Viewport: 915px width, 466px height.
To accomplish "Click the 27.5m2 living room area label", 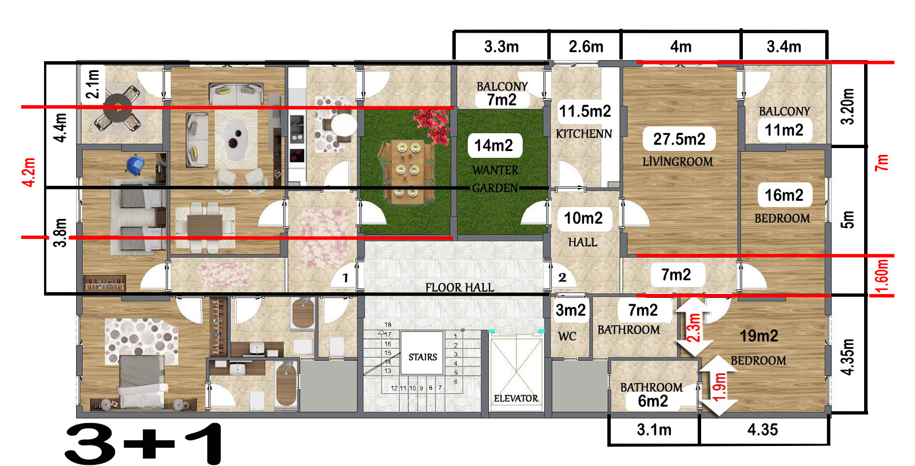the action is click(x=679, y=139).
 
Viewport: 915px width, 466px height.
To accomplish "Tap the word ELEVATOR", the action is click(x=516, y=398).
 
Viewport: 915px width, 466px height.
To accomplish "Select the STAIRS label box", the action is click(x=423, y=353).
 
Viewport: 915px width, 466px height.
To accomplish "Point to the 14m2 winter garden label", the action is click(x=495, y=145).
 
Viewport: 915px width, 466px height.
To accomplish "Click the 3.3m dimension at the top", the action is click(x=501, y=46).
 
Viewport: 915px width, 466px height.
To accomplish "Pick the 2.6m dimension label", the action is click(x=586, y=46).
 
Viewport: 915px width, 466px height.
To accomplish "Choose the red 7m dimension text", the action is click(x=882, y=162).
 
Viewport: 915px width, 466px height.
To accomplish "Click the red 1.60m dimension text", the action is click(x=882, y=276).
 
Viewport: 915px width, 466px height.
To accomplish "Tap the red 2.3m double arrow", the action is click(x=694, y=326).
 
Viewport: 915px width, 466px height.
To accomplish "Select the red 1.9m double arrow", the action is click(x=719, y=386).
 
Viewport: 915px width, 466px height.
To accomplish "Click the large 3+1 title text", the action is click(x=144, y=444).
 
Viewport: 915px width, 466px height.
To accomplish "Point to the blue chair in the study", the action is click(x=135, y=165).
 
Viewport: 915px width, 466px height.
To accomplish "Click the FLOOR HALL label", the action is click(x=460, y=288).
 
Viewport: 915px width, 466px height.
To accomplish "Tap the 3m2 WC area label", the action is click(x=571, y=310).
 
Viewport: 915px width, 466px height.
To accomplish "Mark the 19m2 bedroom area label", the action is click(x=759, y=336).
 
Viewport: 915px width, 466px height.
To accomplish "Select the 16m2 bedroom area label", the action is click(x=784, y=195).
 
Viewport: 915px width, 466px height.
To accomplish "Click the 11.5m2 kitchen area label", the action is click(x=585, y=111).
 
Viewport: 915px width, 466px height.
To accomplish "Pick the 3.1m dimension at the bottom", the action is click(x=654, y=429).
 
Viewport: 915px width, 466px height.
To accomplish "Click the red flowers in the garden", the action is click(x=432, y=126).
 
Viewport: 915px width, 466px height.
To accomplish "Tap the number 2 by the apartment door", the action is click(x=563, y=278).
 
